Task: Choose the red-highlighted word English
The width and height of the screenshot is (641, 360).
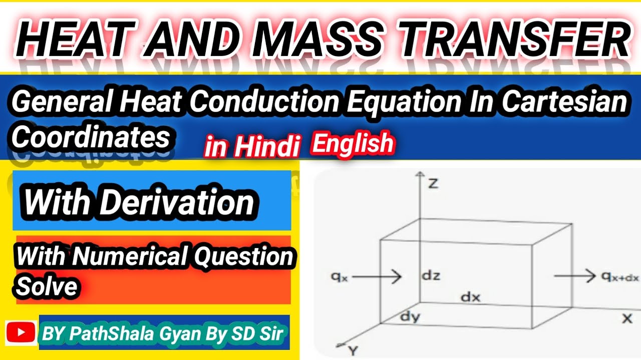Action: coord(353,144)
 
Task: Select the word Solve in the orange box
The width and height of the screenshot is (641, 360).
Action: coord(47,286)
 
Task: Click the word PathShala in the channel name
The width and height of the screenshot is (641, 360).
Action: coord(105,332)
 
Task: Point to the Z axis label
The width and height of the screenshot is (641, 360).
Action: coord(433,183)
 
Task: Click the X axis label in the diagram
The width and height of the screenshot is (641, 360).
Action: coord(626,318)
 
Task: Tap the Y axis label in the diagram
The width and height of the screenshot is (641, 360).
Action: coord(354,351)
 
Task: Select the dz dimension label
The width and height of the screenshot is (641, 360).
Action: coord(431,275)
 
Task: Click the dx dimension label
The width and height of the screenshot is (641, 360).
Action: coord(470,297)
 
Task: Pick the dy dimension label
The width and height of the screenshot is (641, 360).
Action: coord(410,316)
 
